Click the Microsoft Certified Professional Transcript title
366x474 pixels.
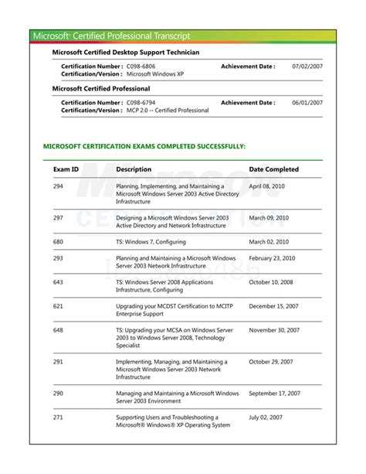point(111,36)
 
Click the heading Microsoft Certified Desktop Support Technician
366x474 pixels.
point(125,52)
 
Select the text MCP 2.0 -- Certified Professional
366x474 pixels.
point(168,111)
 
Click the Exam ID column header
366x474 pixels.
point(66,169)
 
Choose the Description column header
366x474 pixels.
point(134,169)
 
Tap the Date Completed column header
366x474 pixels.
point(273,169)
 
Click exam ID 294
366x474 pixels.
point(59,186)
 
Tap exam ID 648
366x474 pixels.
point(59,330)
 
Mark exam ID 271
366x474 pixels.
point(59,417)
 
